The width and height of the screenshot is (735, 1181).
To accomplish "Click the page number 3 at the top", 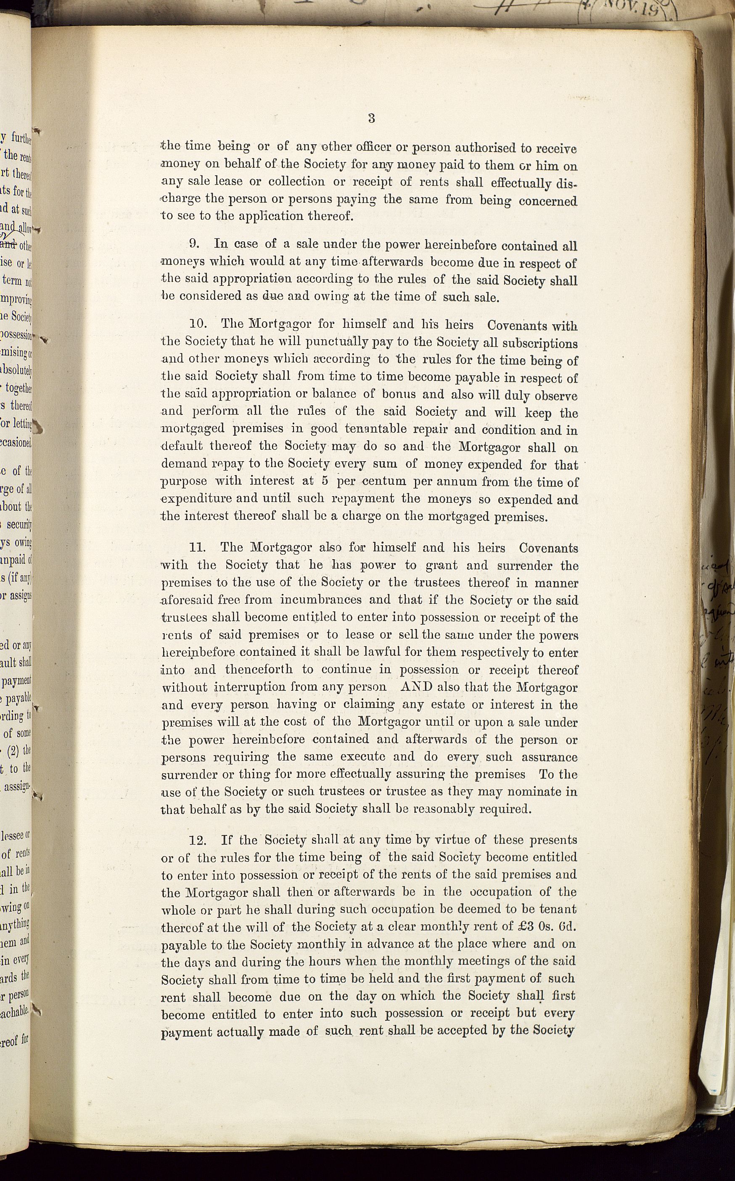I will (x=371, y=118).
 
